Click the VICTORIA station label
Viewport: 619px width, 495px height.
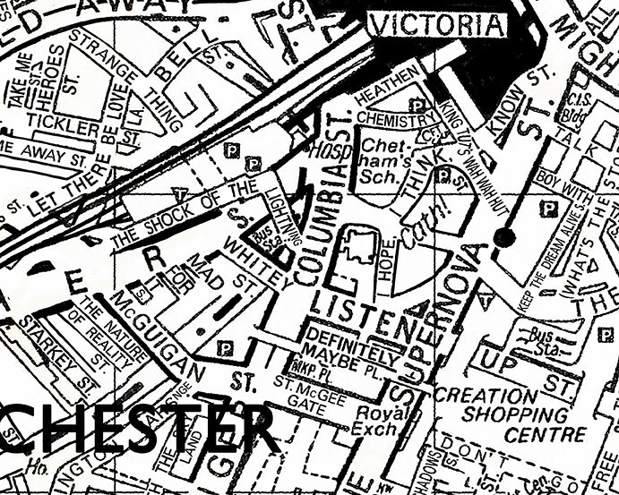437,25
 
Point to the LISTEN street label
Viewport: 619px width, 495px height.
365,315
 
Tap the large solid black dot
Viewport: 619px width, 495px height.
504,237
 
